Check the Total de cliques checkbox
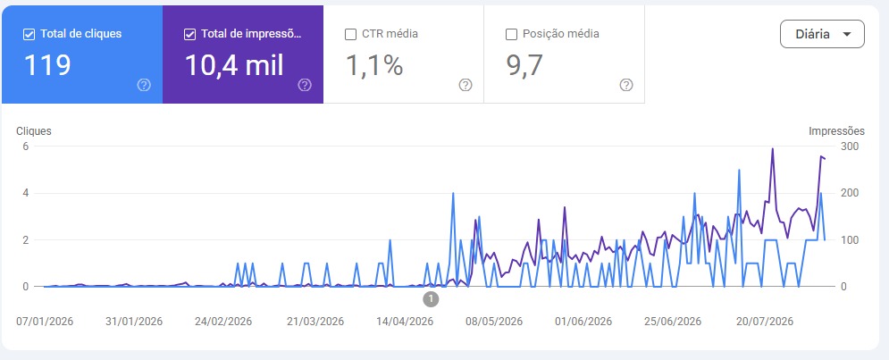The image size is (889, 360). pyautogui.click(x=29, y=34)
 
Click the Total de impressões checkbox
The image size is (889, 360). pyautogui.click(x=190, y=34)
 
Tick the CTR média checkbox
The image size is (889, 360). pyautogui.click(x=350, y=34)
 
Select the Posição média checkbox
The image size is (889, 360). pyautogui.click(x=511, y=34)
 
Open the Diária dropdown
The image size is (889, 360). pyautogui.click(x=822, y=34)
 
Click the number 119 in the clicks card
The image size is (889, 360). pyautogui.click(x=47, y=65)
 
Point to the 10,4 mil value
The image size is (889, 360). pyautogui.click(x=234, y=65)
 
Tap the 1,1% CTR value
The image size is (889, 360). pyautogui.click(x=374, y=66)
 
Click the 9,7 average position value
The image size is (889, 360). pyautogui.click(x=524, y=66)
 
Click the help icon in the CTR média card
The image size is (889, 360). pyautogui.click(x=465, y=85)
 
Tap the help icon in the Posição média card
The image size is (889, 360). pyautogui.click(x=626, y=85)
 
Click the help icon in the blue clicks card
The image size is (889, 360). pyautogui.click(x=144, y=85)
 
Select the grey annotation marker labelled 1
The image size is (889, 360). pyautogui.click(x=431, y=298)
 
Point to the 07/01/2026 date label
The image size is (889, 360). pyautogui.click(x=45, y=322)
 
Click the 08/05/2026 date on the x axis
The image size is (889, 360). pyautogui.click(x=494, y=322)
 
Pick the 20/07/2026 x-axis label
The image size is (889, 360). pyautogui.click(x=764, y=322)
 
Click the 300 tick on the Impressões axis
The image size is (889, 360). pyautogui.click(x=850, y=147)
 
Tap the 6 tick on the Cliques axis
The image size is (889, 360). pyautogui.click(x=26, y=147)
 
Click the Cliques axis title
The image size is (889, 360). pyautogui.click(x=34, y=131)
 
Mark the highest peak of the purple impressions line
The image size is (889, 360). pyautogui.click(x=772, y=149)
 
